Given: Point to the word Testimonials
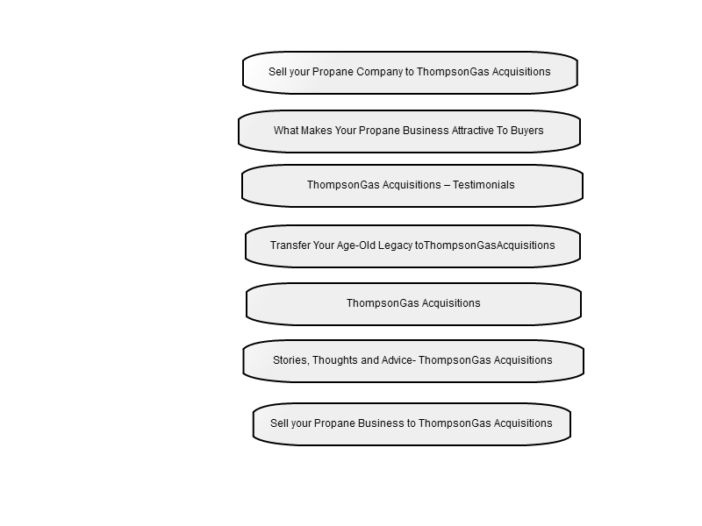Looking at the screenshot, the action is coord(484,185).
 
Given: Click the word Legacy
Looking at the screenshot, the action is coord(396,245).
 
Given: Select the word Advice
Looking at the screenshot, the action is coord(398,360).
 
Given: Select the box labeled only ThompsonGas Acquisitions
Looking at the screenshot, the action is coord(413,304).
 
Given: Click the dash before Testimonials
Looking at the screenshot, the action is coord(447,185).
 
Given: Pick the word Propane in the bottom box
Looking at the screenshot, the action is coord(334,423).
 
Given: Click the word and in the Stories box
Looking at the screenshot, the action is coord(372,360).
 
